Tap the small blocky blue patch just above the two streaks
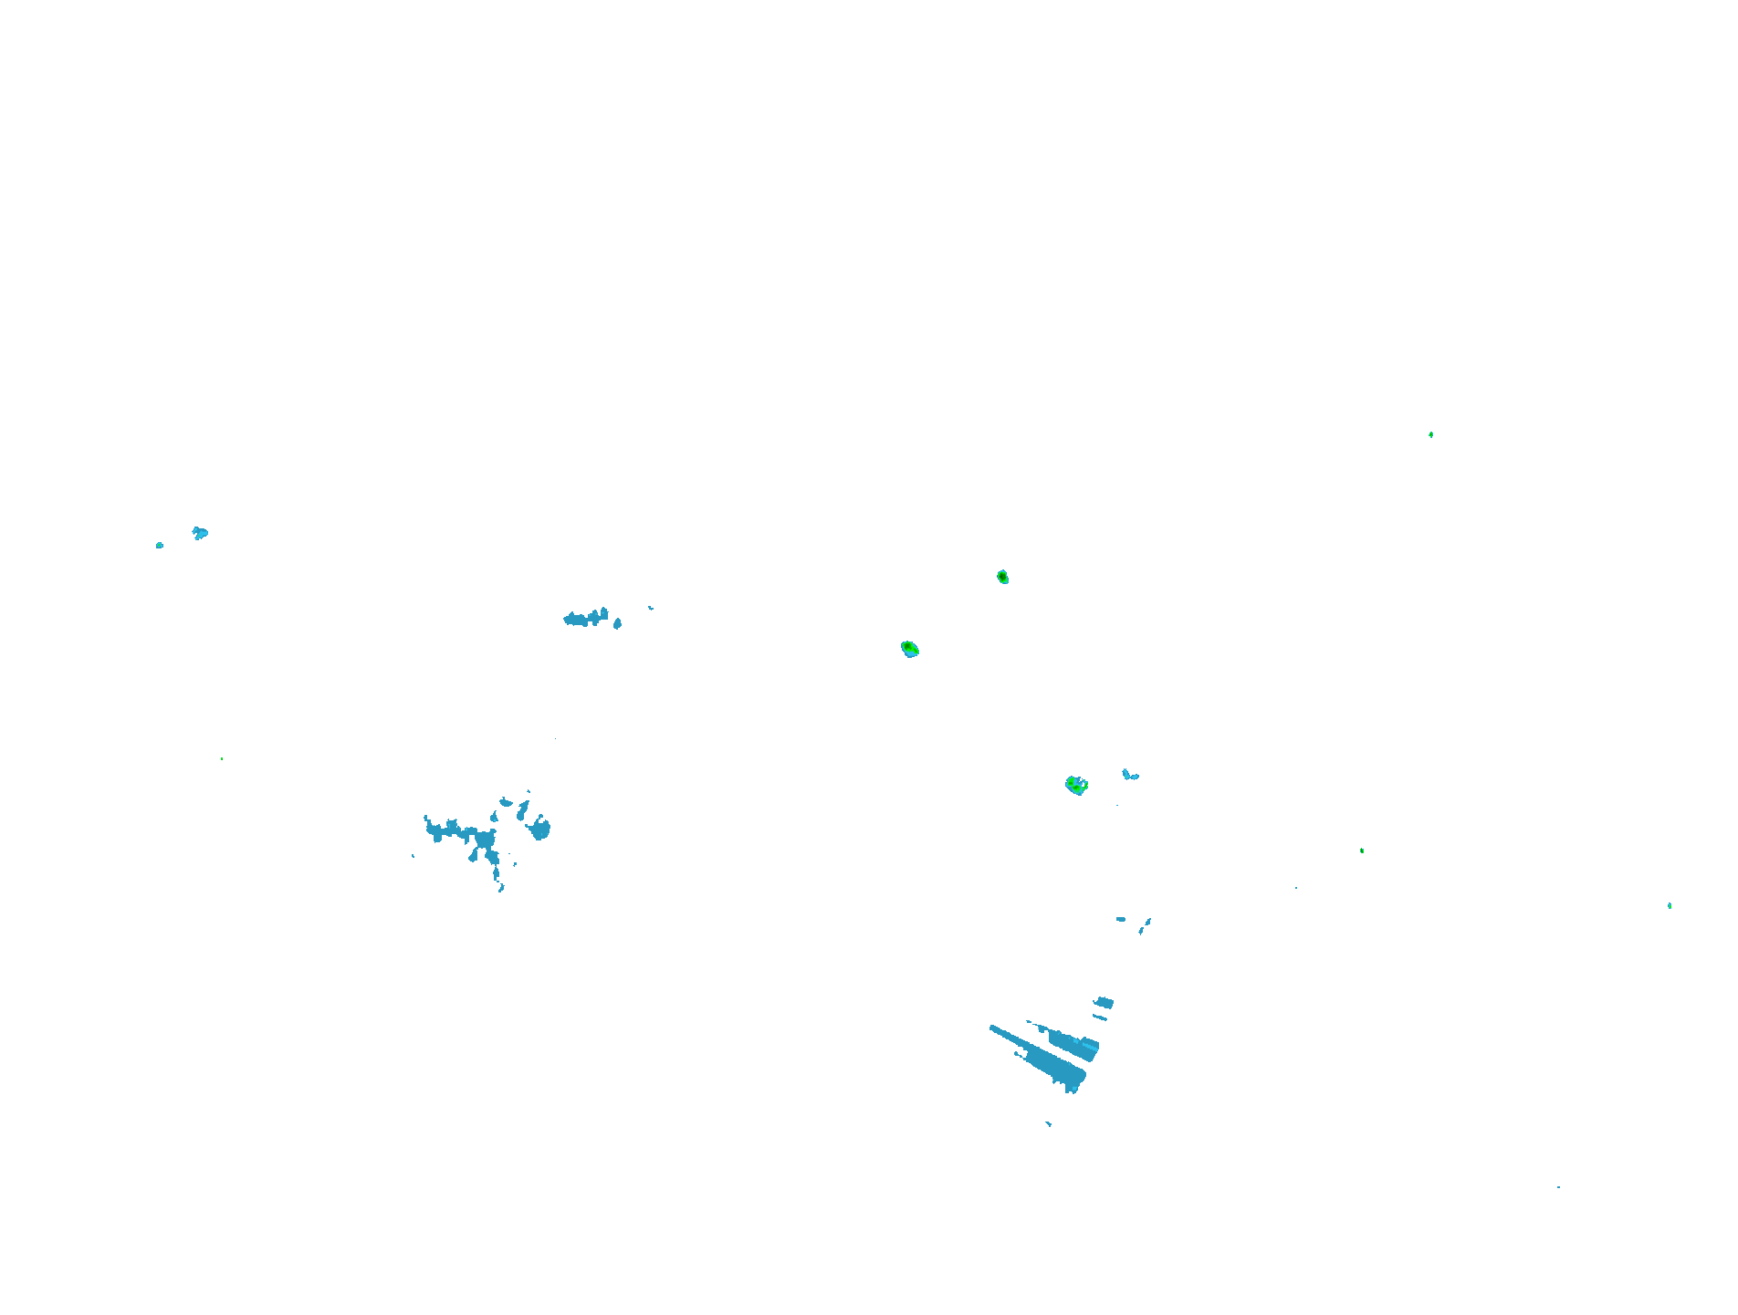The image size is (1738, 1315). coord(1104,1003)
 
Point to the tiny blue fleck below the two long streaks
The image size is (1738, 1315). coord(1048,1123)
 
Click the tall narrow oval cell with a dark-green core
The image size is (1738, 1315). coord(1002,577)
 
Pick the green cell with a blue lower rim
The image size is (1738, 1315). coord(909,649)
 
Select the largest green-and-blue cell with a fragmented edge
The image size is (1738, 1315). coord(1076,785)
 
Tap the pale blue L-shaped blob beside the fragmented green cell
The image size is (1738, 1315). coord(1129,776)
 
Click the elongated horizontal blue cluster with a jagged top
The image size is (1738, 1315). coord(585,619)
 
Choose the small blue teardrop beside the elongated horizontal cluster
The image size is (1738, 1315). coord(618,624)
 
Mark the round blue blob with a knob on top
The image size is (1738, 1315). coord(540,829)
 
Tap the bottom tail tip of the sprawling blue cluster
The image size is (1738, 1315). coord(501,887)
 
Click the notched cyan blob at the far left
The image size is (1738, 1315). coord(200,533)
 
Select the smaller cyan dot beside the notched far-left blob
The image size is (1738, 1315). coord(160,546)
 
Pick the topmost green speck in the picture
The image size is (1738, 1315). coord(1430,435)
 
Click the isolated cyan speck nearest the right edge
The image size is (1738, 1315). coord(1670,905)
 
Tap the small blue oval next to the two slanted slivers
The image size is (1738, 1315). coord(1121,919)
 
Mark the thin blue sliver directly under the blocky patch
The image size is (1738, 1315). coord(1100,1018)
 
